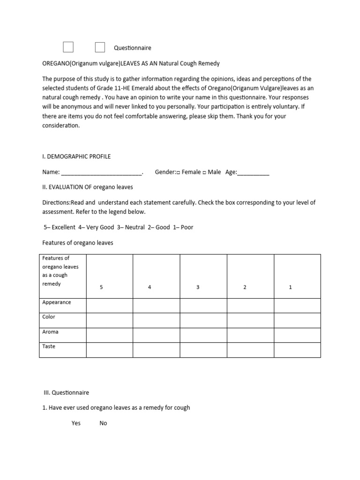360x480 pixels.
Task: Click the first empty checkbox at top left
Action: point(68,47)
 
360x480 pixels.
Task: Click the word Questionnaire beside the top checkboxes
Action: point(133,48)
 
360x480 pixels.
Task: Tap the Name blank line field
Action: point(101,172)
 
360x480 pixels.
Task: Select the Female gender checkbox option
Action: point(178,172)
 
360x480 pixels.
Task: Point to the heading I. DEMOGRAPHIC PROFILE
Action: point(76,157)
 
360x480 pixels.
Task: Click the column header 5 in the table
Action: point(101,287)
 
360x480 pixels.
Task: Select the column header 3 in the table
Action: point(198,287)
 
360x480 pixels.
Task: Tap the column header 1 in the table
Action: point(290,287)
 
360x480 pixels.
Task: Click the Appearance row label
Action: point(57,302)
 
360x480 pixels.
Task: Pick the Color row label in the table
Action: point(49,317)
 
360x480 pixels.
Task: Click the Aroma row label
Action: point(50,332)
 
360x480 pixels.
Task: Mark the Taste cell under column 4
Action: point(157,350)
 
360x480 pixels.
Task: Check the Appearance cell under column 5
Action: point(109,306)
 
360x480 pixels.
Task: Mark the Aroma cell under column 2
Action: point(250,335)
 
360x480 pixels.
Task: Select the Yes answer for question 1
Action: point(76,423)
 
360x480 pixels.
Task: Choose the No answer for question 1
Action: point(103,423)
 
